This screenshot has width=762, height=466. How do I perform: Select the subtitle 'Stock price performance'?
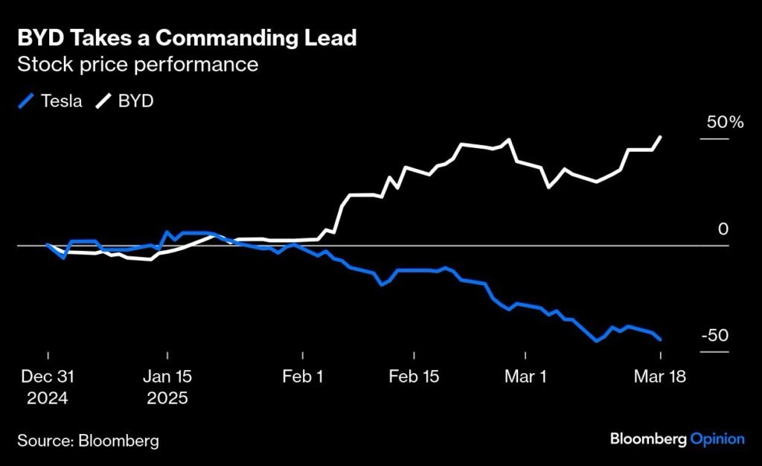[138, 65]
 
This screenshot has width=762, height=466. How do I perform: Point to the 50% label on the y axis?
[725, 123]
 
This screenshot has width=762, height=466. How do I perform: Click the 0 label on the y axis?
[723, 229]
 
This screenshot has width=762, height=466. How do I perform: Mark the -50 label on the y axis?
[715, 336]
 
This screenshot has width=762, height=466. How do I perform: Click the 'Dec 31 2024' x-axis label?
[48, 387]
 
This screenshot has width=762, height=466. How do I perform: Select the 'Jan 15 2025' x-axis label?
[167, 387]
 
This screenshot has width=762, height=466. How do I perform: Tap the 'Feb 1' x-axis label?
[303, 377]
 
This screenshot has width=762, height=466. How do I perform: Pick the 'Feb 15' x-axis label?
[414, 377]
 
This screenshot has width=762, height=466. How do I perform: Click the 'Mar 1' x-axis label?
[525, 377]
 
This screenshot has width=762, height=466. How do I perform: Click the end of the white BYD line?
[661, 137]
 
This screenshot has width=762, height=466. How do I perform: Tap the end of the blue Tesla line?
[661, 339]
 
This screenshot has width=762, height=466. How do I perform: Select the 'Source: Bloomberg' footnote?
[89, 441]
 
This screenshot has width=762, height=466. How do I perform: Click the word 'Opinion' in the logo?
[717, 438]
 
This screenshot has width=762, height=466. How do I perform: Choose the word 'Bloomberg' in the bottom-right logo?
[647, 438]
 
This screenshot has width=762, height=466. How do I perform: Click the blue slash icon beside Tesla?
[26, 101]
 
